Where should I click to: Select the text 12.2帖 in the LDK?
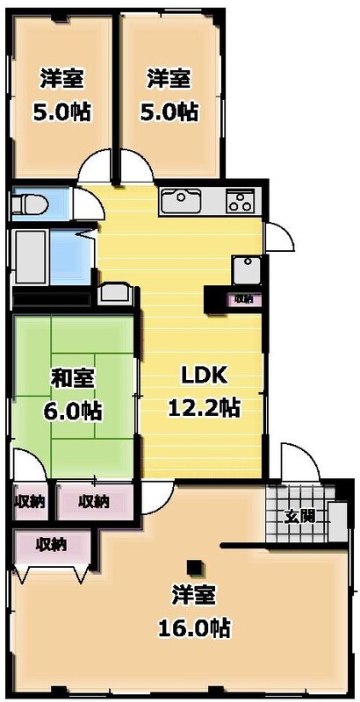coord(205,407)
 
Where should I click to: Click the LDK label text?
coord(205,376)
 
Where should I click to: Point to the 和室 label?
coord(73,378)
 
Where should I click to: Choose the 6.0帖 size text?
coord(73,410)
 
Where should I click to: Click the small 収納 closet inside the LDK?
coord(241,299)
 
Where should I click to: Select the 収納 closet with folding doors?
coord(52,545)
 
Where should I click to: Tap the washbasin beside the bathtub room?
coord(113,293)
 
